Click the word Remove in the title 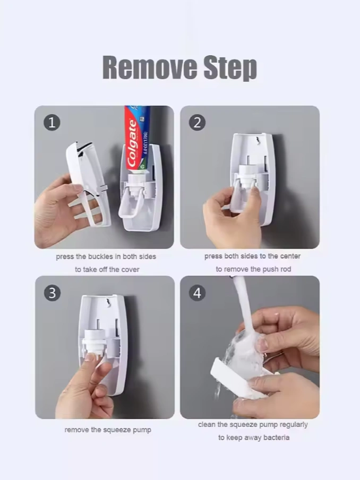[x=150, y=67]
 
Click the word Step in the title [x=230, y=68]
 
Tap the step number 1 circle [x=52, y=123]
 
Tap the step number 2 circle [x=198, y=123]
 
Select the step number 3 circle [x=53, y=293]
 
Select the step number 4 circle [x=197, y=293]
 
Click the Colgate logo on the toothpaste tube [x=132, y=144]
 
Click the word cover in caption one [x=131, y=270]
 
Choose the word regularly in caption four [x=293, y=425]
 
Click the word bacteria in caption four [x=276, y=438]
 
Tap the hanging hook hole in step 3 [x=107, y=303]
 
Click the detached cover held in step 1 [x=89, y=183]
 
